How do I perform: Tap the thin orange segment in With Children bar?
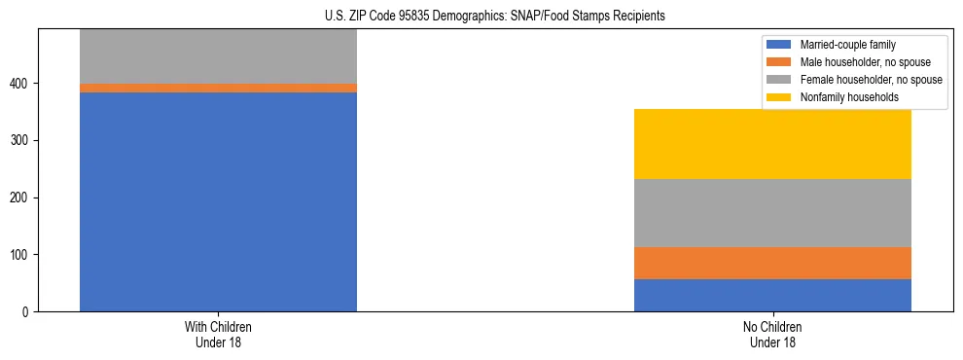pos(218,88)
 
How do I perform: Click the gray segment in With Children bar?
pos(218,56)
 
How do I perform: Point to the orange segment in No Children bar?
pos(772,263)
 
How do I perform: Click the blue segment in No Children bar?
pos(772,295)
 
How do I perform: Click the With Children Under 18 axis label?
pos(218,335)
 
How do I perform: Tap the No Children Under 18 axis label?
pos(772,335)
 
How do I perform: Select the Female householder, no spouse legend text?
pos(871,80)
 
